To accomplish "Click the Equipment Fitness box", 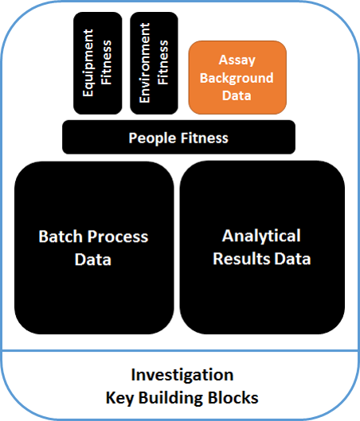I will (96, 63).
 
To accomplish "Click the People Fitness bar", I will (178, 138).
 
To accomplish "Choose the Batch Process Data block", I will (93, 247).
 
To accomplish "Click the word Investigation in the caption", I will (182, 375).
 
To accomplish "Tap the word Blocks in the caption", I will (235, 396).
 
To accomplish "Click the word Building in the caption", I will (178, 396).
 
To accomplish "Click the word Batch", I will (59, 237).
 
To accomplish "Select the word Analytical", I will (261, 236).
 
